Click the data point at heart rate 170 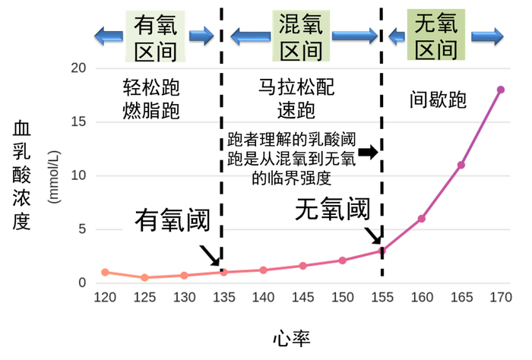point(501,90)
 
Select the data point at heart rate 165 point(461,165)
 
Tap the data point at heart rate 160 point(421,219)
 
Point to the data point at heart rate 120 point(105,272)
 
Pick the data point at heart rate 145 point(302,266)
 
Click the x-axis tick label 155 point(382,296)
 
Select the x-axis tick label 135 point(223,296)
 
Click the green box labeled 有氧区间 point(156,36)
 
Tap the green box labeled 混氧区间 point(300,36)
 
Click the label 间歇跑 point(439,99)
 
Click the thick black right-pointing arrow point(368,153)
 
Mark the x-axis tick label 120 point(105,296)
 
